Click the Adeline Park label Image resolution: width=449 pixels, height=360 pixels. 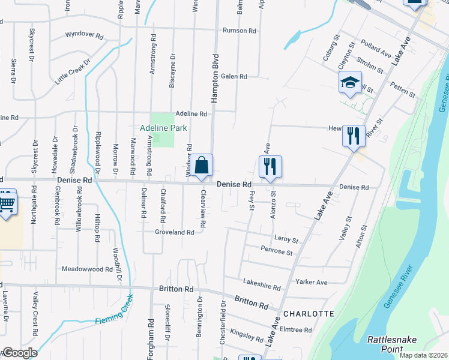tap(163, 128)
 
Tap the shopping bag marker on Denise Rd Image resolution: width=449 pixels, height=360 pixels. tap(203, 166)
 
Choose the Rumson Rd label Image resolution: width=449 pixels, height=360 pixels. tap(239, 31)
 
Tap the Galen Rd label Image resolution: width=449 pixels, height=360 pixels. tap(234, 76)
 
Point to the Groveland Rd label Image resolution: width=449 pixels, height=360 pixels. tap(174, 232)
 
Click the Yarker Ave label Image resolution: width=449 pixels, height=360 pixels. tap(311, 282)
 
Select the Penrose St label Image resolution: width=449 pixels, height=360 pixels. tap(276, 251)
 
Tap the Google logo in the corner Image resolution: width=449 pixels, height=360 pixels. tap(19, 353)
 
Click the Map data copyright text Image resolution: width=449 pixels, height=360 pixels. tap(423, 355)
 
